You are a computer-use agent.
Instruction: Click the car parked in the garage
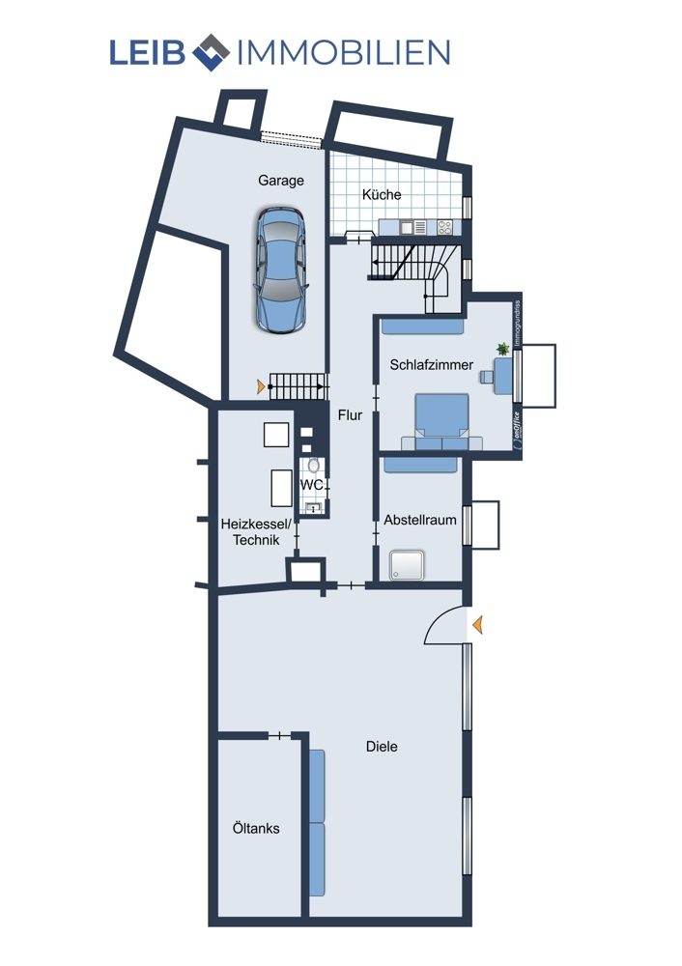pyautogui.click(x=281, y=271)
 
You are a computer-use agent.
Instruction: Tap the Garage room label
pyautogui.click(x=281, y=182)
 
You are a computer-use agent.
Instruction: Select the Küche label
pyautogui.click(x=382, y=195)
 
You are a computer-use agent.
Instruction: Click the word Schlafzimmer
pyautogui.click(x=431, y=365)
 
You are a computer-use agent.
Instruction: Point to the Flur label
pyautogui.click(x=350, y=415)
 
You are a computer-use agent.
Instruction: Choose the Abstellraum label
pyautogui.click(x=420, y=520)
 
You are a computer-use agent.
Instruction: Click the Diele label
pyautogui.click(x=382, y=747)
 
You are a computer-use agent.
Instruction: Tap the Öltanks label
pyautogui.click(x=256, y=829)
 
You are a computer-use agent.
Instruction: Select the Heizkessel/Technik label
pyautogui.click(x=256, y=532)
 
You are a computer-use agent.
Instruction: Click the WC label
pyautogui.click(x=312, y=486)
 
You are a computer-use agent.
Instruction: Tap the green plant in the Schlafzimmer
pyautogui.click(x=503, y=350)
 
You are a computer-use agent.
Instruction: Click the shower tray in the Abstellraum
pyautogui.click(x=407, y=565)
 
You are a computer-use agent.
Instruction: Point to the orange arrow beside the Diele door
pyautogui.click(x=477, y=626)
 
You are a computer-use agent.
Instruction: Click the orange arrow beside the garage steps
pyautogui.click(x=262, y=387)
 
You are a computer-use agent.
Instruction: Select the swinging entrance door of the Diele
pyautogui.click(x=444, y=625)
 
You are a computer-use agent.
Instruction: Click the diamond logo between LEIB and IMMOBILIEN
pyautogui.click(x=212, y=52)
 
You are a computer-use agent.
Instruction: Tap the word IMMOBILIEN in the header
pyautogui.click(x=344, y=52)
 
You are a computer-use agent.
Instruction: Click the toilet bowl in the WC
pyautogui.click(x=314, y=466)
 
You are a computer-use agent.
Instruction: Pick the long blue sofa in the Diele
pyautogui.click(x=317, y=823)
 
